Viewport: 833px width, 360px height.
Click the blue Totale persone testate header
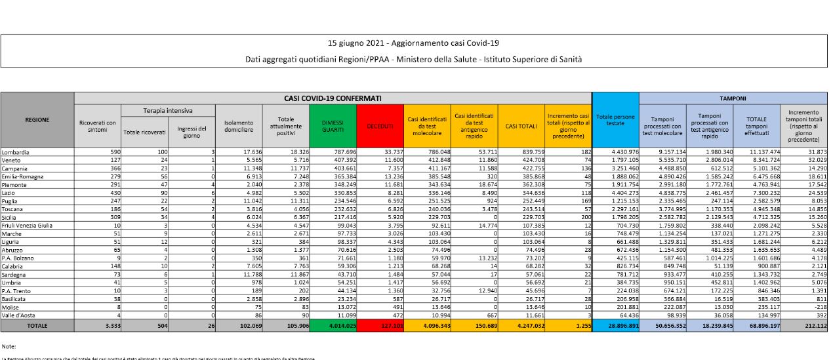point(615,121)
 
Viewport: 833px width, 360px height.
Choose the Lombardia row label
point(16,152)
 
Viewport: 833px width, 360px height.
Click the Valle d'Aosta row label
point(20,315)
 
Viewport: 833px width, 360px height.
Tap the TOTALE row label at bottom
point(37,325)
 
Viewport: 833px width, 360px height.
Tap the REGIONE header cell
point(37,120)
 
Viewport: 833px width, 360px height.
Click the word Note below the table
point(9,346)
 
